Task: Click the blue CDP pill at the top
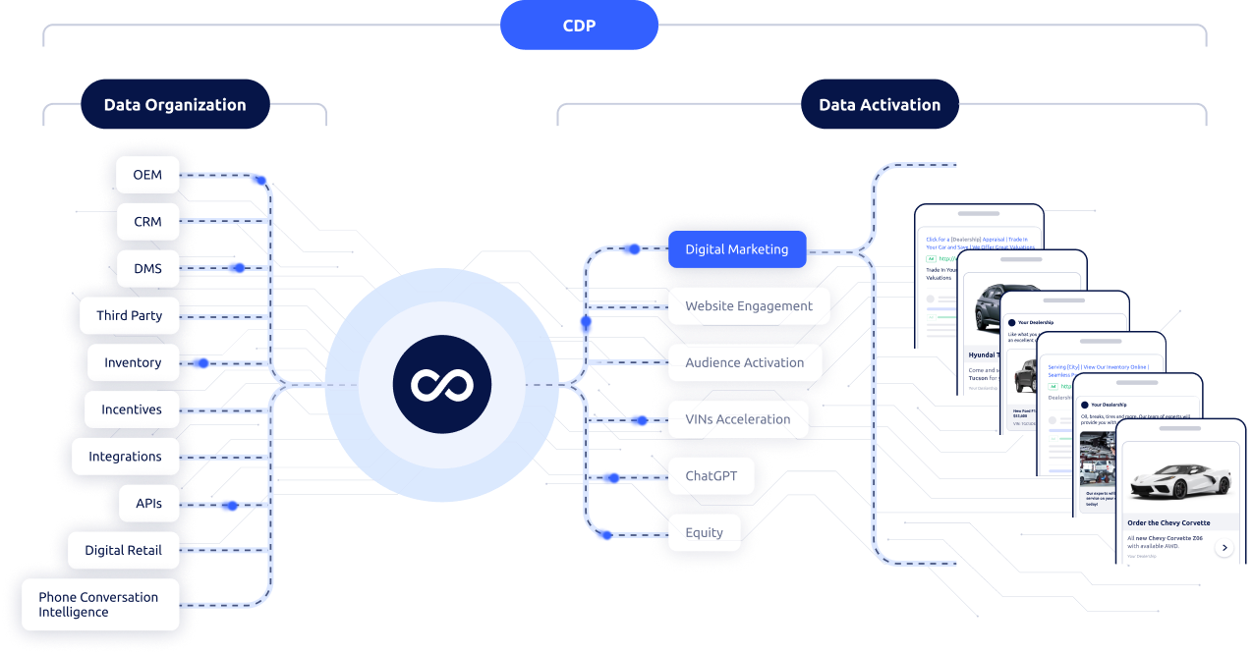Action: click(x=579, y=25)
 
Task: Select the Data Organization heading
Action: click(x=175, y=105)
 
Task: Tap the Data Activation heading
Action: click(x=880, y=105)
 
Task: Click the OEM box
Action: click(x=147, y=175)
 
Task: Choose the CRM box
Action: click(x=147, y=222)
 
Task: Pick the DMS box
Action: click(x=147, y=269)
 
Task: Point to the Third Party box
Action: click(x=130, y=316)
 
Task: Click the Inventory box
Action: click(x=133, y=363)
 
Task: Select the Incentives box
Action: click(x=132, y=409)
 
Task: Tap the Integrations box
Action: click(x=125, y=457)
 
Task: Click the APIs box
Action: click(x=148, y=504)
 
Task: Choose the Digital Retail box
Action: click(x=124, y=551)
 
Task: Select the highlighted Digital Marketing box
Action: click(x=737, y=249)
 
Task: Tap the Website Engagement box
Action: click(x=749, y=306)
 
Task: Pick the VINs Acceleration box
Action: click(x=738, y=419)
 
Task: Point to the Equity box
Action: click(x=704, y=533)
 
